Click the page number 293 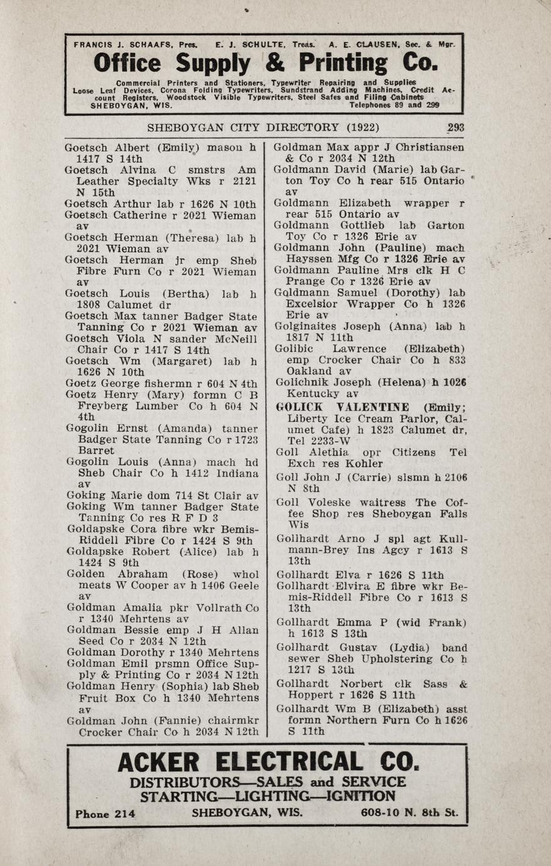tap(456, 127)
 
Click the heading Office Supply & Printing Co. tap(265, 63)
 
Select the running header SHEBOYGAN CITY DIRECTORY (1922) tap(263, 127)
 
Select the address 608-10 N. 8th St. tap(409, 813)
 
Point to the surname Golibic tap(295, 349)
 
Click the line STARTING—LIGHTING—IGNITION tap(268, 797)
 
